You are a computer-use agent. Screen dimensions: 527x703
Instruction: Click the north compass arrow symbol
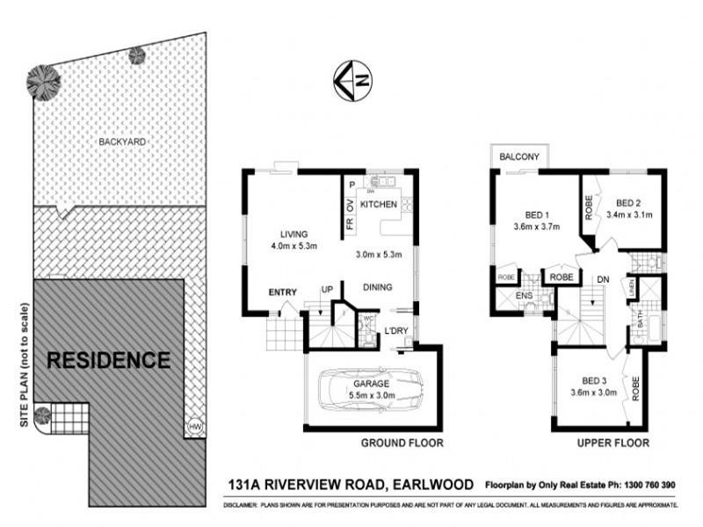[352, 80]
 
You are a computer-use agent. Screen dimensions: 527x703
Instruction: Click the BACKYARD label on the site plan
[122, 141]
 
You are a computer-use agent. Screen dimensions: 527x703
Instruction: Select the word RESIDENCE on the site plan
[108, 359]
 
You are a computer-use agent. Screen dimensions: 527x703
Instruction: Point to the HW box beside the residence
[194, 428]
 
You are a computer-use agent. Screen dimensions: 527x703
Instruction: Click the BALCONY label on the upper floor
[519, 156]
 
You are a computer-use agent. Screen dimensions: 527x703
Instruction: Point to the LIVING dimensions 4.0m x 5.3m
[294, 246]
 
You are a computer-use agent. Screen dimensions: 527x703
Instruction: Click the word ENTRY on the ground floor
[282, 292]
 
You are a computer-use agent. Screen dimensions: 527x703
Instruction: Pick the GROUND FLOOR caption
[402, 444]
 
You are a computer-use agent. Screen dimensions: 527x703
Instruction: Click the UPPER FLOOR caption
[613, 444]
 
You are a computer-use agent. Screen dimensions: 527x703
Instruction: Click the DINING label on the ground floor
[376, 287]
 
